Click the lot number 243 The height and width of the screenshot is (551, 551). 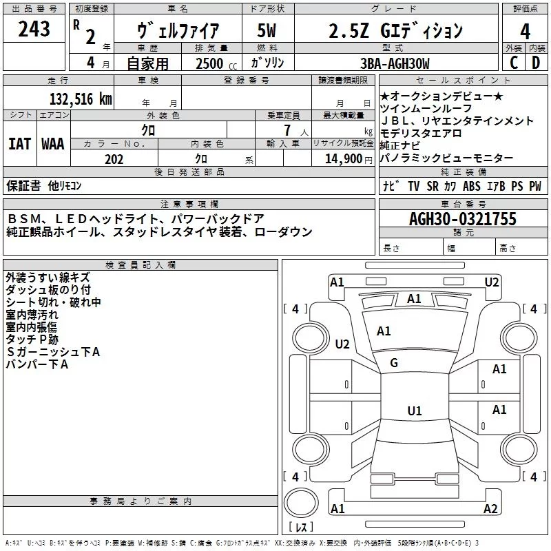34,29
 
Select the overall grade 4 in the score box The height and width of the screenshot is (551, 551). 525,32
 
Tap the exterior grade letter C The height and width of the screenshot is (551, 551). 514,63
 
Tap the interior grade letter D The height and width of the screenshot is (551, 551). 536,63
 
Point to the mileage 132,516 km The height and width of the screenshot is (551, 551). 81,99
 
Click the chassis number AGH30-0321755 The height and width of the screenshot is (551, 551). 463,219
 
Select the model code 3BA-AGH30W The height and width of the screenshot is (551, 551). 395,63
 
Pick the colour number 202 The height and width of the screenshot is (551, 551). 114,159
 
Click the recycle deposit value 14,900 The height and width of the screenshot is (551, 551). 343,159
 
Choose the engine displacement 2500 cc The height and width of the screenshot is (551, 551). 216,63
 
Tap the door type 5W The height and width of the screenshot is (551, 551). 267,30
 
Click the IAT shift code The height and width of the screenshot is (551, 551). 19,144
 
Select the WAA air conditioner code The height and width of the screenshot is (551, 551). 53,144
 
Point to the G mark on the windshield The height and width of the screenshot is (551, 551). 394,363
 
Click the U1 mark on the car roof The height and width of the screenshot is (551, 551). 415,410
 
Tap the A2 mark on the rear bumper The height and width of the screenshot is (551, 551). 490,508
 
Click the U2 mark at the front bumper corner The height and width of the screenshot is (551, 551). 492,282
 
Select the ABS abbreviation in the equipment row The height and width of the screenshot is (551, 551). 472,186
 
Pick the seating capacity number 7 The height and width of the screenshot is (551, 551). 287,130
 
